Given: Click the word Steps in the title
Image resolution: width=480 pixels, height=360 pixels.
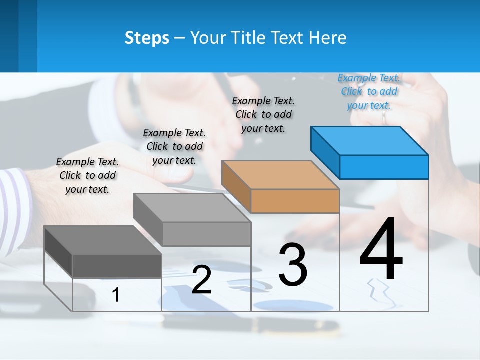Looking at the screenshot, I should tap(147, 38).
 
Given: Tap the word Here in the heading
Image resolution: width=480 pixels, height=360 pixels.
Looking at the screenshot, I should tap(328, 38).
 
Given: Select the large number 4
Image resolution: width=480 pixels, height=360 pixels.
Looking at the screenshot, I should tap(381, 250).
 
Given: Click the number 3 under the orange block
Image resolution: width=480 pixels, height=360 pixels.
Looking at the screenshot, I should tap(293, 265).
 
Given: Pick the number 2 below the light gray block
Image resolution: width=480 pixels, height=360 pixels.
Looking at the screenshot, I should tap(201, 280).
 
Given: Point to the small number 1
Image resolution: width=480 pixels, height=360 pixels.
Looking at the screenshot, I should tap(115, 295).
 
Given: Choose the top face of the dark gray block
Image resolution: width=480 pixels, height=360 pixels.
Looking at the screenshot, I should tap(103, 240).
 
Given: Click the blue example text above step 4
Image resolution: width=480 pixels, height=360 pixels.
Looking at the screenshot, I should tap(369, 92).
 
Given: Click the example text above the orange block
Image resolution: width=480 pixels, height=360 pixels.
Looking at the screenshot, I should tap(263, 114).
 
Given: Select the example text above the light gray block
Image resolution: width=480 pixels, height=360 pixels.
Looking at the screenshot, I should tap(174, 146).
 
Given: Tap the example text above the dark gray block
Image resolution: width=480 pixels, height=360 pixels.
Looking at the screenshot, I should tap(87, 175).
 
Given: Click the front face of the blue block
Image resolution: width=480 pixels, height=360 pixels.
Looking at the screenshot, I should tap(384, 167).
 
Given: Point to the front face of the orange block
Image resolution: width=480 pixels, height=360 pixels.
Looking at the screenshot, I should tap(295, 201).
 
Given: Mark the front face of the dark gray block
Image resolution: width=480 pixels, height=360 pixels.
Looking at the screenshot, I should tap(117, 266).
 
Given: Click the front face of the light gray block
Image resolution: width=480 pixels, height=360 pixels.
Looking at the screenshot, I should tap(206, 234).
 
